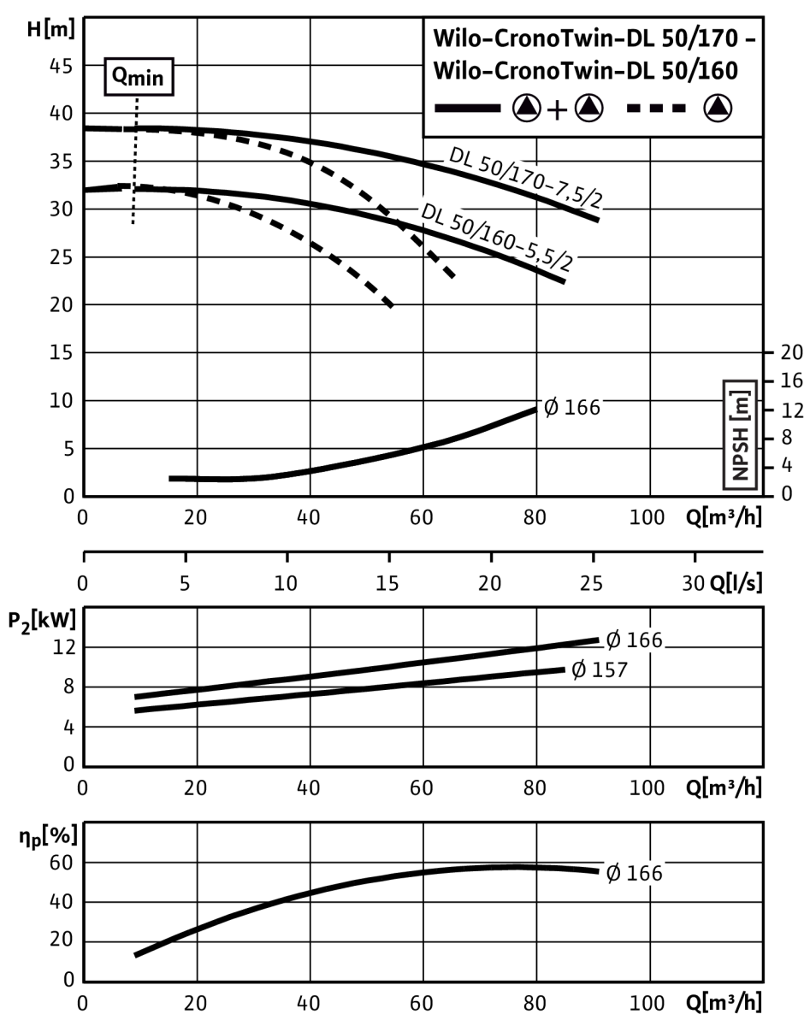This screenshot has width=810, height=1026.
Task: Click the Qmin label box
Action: pyautogui.click(x=139, y=77)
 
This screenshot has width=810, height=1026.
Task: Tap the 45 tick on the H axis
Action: pyautogui.click(x=62, y=67)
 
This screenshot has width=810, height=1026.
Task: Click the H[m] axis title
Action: pyautogui.click(x=51, y=30)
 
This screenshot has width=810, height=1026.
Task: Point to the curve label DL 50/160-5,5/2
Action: pyautogui.click(x=497, y=237)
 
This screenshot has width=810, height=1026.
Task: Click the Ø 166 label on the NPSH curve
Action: pyautogui.click(x=572, y=408)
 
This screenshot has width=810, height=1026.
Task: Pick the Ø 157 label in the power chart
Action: pyautogui.click(x=599, y=669)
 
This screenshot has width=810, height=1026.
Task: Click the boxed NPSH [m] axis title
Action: pyautogui.click(x=740, y=435)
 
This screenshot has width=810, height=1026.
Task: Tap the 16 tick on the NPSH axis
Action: pyautogui.click(x=792, y=380)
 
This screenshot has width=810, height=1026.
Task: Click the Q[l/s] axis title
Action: pyautogui.click(x=736, y=583)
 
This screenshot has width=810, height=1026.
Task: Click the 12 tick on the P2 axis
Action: pyautogui.click(x=64, y=647)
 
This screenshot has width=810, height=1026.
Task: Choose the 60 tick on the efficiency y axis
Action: pyautogui.click(x=62, y=864)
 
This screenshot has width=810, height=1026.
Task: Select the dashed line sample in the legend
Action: pyautogui.click(x=656, y=109)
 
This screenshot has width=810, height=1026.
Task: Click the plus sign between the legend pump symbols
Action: pyautogui.click(x=557, y=110)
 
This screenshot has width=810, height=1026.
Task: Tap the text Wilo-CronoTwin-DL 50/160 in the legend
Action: pyautogui.click(x=586, y=71)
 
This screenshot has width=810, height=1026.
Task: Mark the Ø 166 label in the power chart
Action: pyautogui.click(x=635, y=640)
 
